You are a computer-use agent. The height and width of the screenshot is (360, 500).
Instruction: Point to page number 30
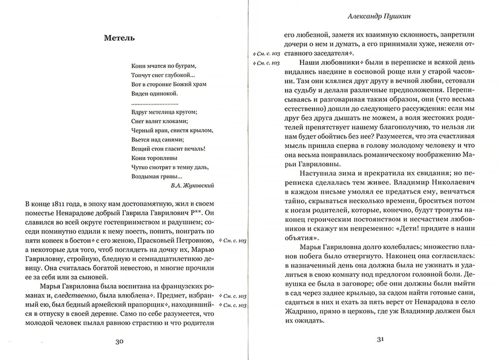click(119, 341)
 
